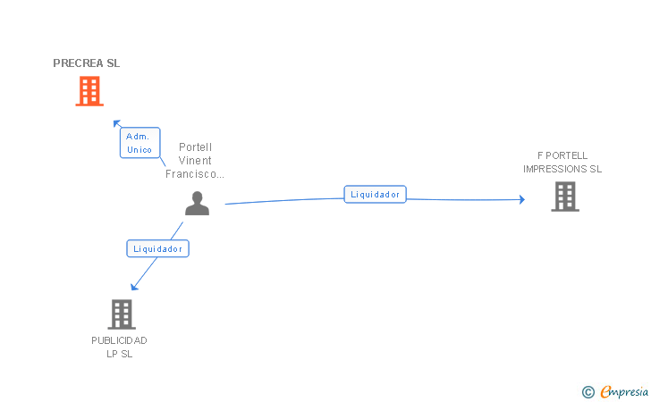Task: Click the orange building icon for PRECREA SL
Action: coord(89,91)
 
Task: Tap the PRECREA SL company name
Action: coord(86,63)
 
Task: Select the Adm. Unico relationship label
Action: coord(139,143)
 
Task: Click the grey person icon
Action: coord(197,203)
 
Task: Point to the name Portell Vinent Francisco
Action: coord(195,161)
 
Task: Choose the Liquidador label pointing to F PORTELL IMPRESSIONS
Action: coord(376,194)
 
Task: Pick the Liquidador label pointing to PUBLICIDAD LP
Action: coord(158,249)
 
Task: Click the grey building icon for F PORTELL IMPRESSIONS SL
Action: coord(565,197)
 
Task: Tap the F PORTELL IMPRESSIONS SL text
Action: coord(562,162)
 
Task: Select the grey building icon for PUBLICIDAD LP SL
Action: coord(122,314)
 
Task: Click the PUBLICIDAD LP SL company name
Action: coord(119,347)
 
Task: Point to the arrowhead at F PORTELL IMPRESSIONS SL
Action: coord(521,199)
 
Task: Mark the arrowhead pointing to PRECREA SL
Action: coord(115,123)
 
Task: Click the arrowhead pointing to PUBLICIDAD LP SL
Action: coord(134,286)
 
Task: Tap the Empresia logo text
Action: coord(623,390)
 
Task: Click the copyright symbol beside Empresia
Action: coord(588,391)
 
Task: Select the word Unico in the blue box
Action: coord(139,149)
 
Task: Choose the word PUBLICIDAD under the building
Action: coord(119,340)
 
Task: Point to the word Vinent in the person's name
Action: coord(195,161)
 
